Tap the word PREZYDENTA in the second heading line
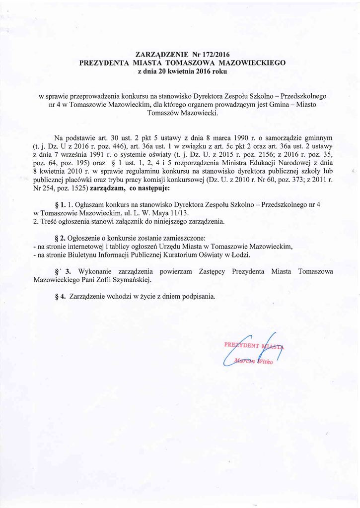pyautogui.click(x=104, y=63)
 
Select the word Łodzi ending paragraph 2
pyautogui.click(x=240, y=254)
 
